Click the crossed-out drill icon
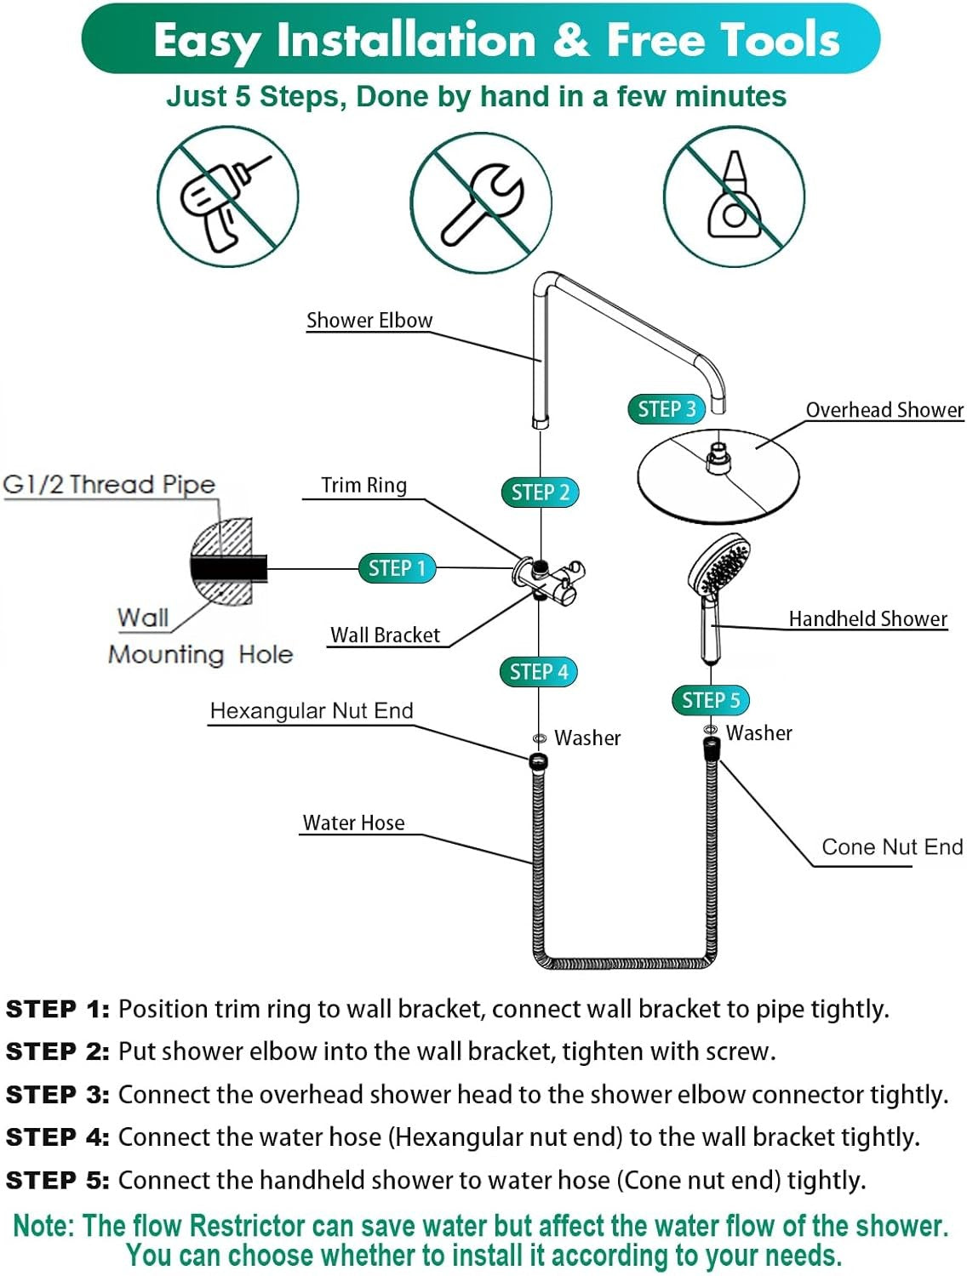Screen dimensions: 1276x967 pos(227,197)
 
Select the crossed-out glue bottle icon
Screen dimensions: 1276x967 pos(734,197)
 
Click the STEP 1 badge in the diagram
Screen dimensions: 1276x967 pos(397,567)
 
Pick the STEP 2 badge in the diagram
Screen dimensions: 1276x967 pos(540,492)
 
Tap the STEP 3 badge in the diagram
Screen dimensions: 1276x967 pos(667,409)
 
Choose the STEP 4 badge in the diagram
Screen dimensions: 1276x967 pos(538,671)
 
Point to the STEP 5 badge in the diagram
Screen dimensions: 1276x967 pos(711,700)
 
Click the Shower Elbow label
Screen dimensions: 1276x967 pos(369,321)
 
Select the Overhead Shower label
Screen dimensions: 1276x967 pos(884,410)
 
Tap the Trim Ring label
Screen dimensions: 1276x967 pos(363,485)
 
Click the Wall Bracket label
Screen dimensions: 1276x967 pos(385,635)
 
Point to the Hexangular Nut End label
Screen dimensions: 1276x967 pos(312,710)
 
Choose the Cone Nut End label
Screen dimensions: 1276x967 pos(892,846)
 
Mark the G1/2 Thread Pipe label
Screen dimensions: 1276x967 pos(109,484)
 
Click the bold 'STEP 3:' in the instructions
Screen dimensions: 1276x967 pos(58,1095)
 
